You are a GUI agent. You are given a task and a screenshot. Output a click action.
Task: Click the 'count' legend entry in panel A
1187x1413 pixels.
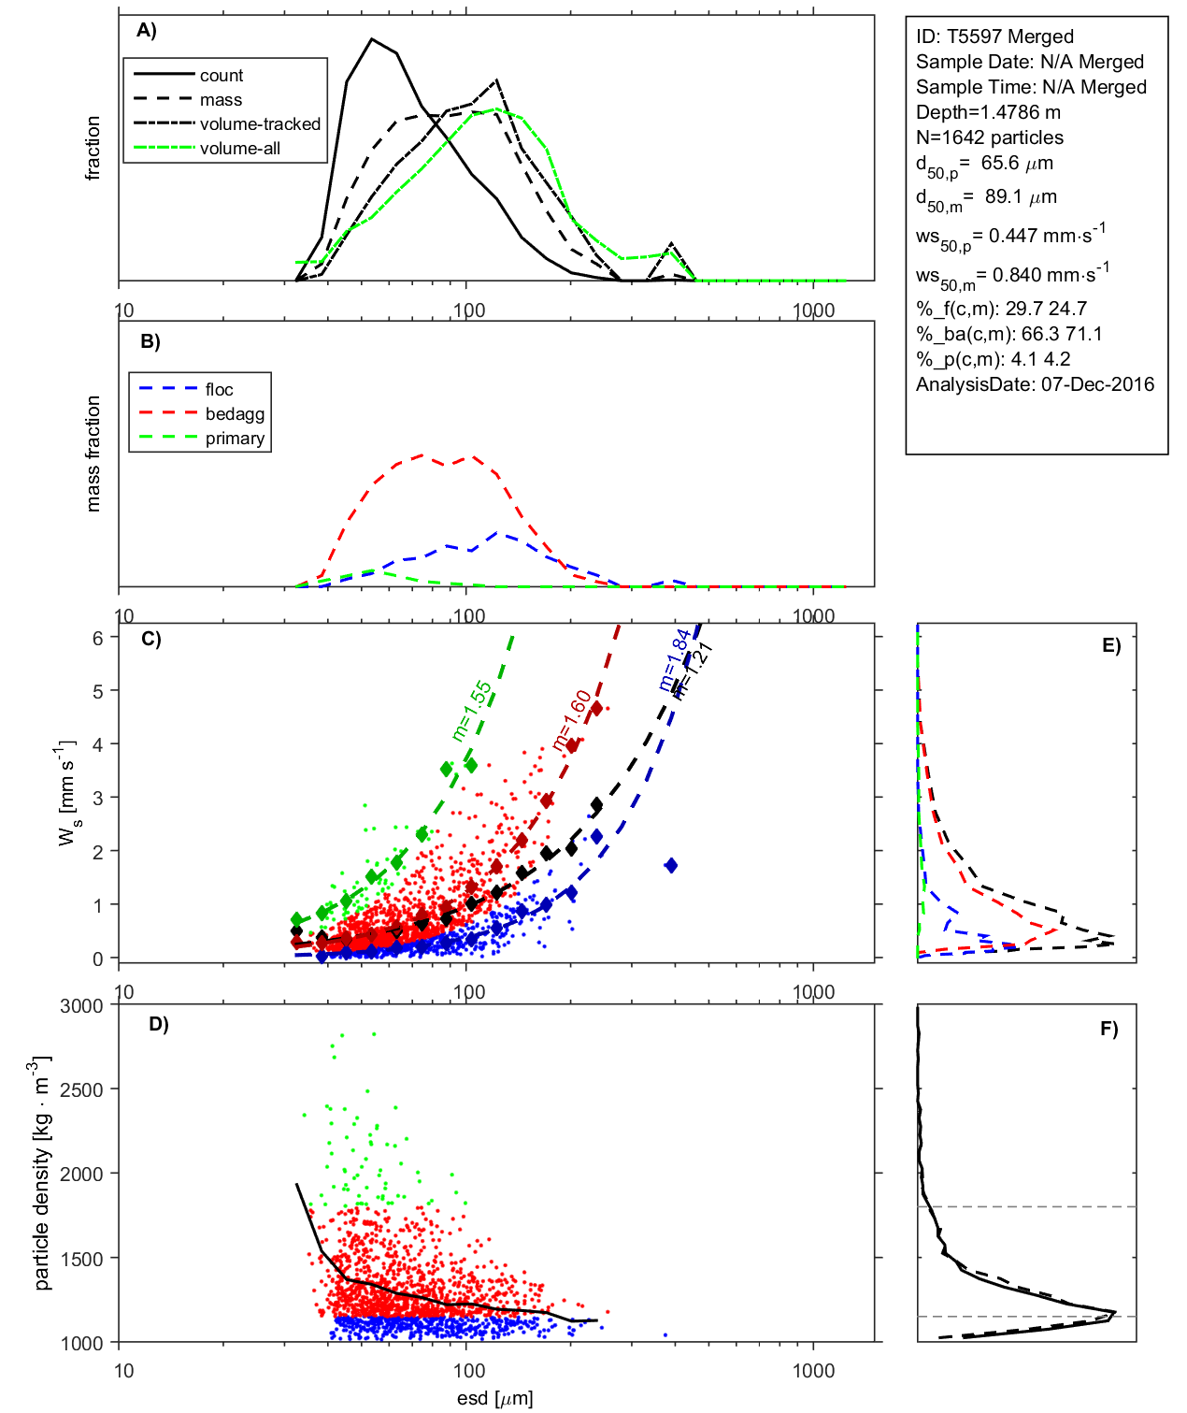click(x=221, y=76)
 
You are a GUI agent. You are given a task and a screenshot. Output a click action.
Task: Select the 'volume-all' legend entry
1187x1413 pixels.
click(x=239, y=149)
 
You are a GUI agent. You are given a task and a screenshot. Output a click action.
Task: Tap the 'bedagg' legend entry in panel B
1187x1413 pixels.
click(x=235, y=414)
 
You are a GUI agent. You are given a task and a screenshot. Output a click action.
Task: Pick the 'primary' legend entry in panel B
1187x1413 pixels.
click(x=235, y=439)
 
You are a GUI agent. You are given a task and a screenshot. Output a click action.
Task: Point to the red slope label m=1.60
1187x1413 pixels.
click(x=571, y=721)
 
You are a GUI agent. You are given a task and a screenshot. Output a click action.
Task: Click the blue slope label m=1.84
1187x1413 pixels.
click(x=675, y=660)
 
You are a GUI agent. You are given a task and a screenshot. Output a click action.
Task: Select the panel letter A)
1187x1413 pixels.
click(x=147, y=31)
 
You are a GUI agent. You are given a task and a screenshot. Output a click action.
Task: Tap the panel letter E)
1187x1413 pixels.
click(x=1110, y=645)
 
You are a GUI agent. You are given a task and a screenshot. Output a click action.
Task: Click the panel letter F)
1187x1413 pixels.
click(x=1108, y=1029)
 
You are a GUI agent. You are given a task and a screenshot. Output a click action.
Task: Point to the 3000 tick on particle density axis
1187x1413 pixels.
click(x=81, y=1006)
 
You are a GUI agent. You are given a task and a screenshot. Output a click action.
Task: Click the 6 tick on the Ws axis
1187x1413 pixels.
click(x=97, y=638)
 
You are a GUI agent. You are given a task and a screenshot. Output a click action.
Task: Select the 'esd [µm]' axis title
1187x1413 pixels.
click(x=494, y=1398)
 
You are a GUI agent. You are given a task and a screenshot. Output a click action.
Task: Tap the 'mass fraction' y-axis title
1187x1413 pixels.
click(x=93, y=454)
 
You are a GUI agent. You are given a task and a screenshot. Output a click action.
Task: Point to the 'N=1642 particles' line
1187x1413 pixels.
click(x=989, y=137)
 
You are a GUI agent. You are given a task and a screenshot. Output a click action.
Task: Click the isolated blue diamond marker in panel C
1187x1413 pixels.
click(x=670, y=866)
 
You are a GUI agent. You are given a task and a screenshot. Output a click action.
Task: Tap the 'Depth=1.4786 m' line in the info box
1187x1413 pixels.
click(x=988, y=112)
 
